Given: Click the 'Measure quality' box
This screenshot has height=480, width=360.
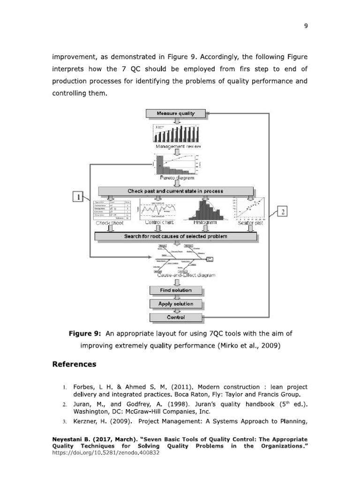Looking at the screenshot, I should click(175, 113).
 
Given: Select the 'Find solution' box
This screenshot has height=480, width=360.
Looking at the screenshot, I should click(175, 291).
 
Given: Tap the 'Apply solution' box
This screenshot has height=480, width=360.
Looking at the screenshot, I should click(175, 304).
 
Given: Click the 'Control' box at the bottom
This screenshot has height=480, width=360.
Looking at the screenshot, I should click(175, 317).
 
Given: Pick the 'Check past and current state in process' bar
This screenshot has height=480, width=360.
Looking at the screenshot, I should click(175, 191).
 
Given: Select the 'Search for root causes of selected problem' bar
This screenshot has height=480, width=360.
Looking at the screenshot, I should click(175, 236).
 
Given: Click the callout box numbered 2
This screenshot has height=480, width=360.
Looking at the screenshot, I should click(283, 212).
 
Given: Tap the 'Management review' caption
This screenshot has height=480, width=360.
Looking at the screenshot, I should click(179, 147).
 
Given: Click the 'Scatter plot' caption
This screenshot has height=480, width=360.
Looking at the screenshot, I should click(250, 223).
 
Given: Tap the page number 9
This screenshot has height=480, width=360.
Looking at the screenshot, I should click(305, 26).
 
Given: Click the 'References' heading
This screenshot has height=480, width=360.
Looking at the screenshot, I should click(74, 364).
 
